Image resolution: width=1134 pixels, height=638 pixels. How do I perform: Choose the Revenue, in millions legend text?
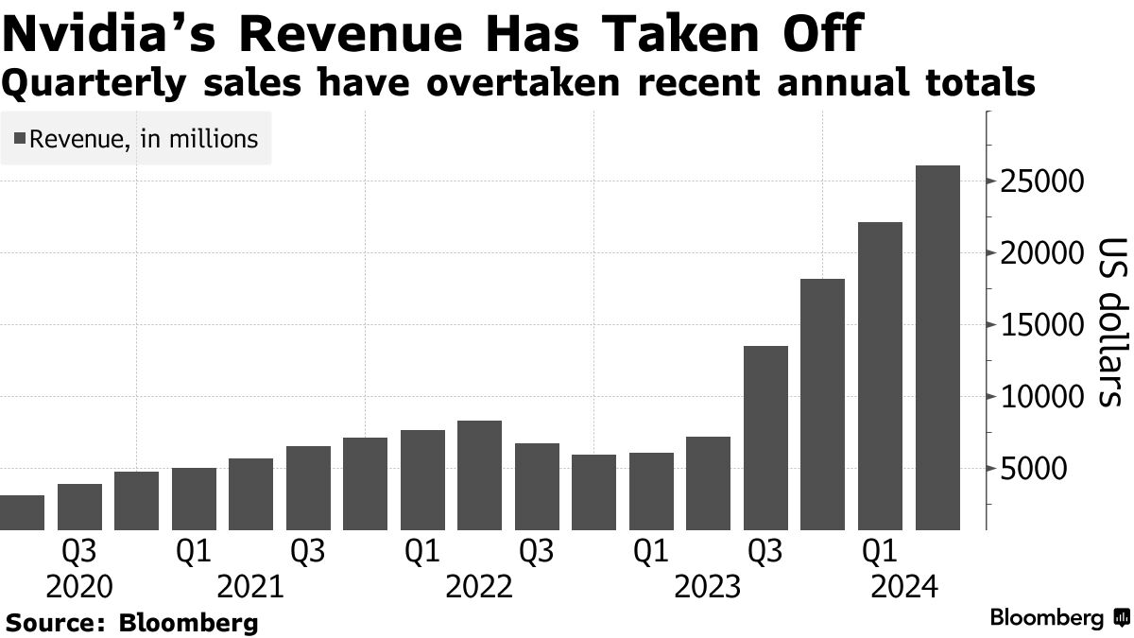pos(144,139)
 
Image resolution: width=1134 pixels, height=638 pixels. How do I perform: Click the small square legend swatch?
pos(20,140)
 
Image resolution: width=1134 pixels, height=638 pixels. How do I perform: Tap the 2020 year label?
pos(78,587)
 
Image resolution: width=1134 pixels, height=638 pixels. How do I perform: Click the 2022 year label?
pos(479,587)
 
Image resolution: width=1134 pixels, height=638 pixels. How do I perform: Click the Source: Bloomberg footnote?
pos(132,623)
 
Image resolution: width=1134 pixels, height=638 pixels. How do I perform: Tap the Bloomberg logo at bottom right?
pos(1058,618)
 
